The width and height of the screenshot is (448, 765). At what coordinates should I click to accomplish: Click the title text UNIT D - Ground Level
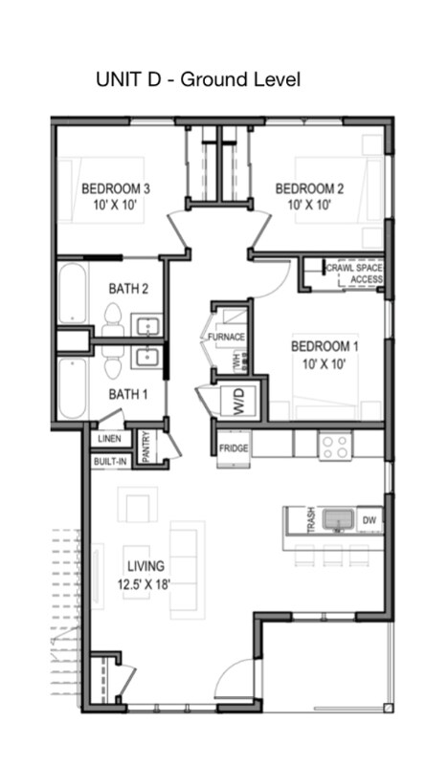tap(197, 79)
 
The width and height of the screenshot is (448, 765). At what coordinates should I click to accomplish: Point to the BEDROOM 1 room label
tap(325, 354)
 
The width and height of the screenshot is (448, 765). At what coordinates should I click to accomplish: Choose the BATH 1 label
tap(127, 394)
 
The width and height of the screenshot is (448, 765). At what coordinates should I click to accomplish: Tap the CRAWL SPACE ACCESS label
tap(355, 274)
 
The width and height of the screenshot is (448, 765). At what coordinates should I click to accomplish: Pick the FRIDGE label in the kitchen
tap(234, 448)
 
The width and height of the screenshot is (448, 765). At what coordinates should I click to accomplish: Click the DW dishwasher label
tap(371, 520)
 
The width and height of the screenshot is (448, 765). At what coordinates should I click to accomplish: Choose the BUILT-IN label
tap(111, 461)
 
